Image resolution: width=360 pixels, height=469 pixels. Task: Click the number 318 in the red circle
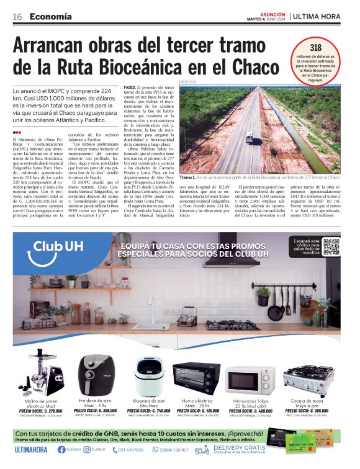(315, 47)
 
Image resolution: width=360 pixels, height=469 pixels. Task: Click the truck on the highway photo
(249, 138)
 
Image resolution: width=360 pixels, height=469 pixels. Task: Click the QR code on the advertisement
(331, 246)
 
